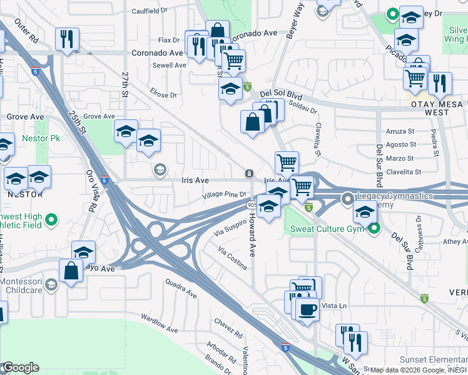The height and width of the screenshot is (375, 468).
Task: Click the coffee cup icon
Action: (x=307, y=309)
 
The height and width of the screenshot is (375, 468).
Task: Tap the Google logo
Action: (x=20, y=367)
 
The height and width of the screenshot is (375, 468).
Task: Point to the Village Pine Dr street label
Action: (x=225, y=196)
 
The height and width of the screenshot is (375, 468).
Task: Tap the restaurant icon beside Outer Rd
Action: (x=66, y=39)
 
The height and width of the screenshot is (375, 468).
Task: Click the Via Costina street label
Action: (x=231, y=258)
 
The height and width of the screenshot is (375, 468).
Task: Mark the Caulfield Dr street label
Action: (x=150, y=11)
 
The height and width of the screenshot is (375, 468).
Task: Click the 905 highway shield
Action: (x=251, y=205)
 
